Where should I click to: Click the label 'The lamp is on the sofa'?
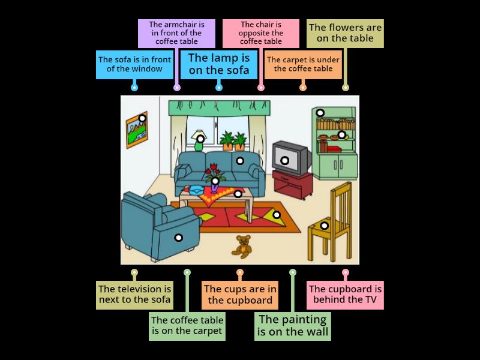[219, 64]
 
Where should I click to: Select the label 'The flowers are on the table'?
[345, 33]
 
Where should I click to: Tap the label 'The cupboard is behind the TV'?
[345, 294]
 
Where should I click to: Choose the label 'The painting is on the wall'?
[292, 326]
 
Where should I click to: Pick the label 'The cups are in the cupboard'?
[239, 295]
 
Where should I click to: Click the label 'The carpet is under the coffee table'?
[303, 64]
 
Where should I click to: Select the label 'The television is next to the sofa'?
[134, 295]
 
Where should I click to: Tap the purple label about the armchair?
[176, 33]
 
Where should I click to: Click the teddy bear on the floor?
[243, 246]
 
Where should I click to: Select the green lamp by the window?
[200, 142]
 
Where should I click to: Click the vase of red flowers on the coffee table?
[214, 177]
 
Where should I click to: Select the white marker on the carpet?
[277, 214]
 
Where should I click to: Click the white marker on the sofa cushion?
[240, 161]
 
